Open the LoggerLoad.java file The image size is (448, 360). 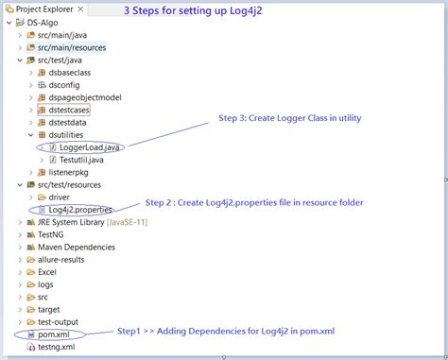(x=91, y=147)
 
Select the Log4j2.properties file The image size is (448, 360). (x=79, y=209)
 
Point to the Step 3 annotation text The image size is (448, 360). (x=290, y=118)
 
